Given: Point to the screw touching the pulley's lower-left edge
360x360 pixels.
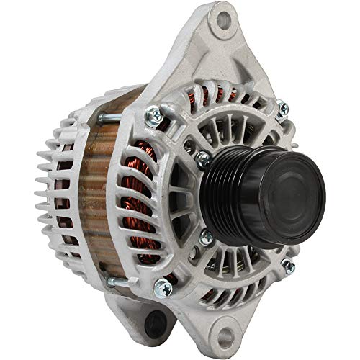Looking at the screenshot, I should [x=207, y=235].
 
